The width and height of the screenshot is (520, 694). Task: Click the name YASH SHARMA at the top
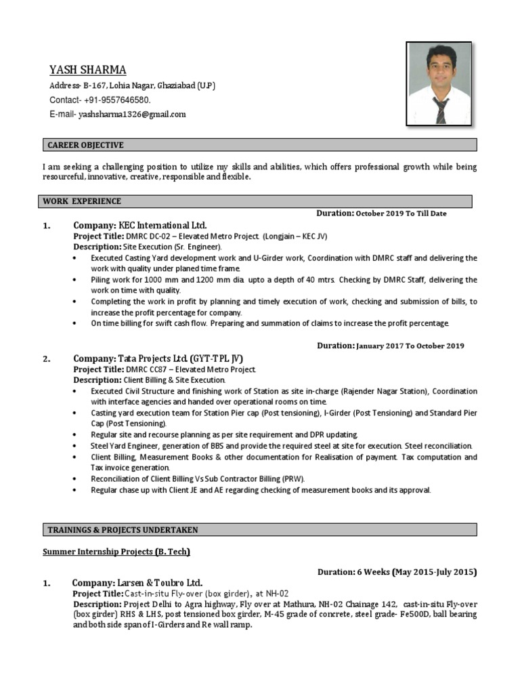[87, 70]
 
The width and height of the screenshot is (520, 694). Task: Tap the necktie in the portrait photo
[441, 110]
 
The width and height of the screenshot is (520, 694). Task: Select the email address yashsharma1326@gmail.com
[132, 115]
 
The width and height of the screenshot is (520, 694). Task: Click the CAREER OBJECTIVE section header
[85, 145]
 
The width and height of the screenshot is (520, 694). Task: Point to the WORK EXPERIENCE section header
[82, 201]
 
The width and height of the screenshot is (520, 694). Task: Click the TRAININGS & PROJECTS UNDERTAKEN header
[123, 529]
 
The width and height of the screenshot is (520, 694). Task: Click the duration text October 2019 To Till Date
[401, 213]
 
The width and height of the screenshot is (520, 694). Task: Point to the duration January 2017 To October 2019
[410, 346]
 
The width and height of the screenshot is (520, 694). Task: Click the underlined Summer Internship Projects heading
[116, 552]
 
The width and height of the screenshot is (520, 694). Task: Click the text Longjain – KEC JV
[295, 236]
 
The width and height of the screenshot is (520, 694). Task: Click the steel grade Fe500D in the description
[380, 614]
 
